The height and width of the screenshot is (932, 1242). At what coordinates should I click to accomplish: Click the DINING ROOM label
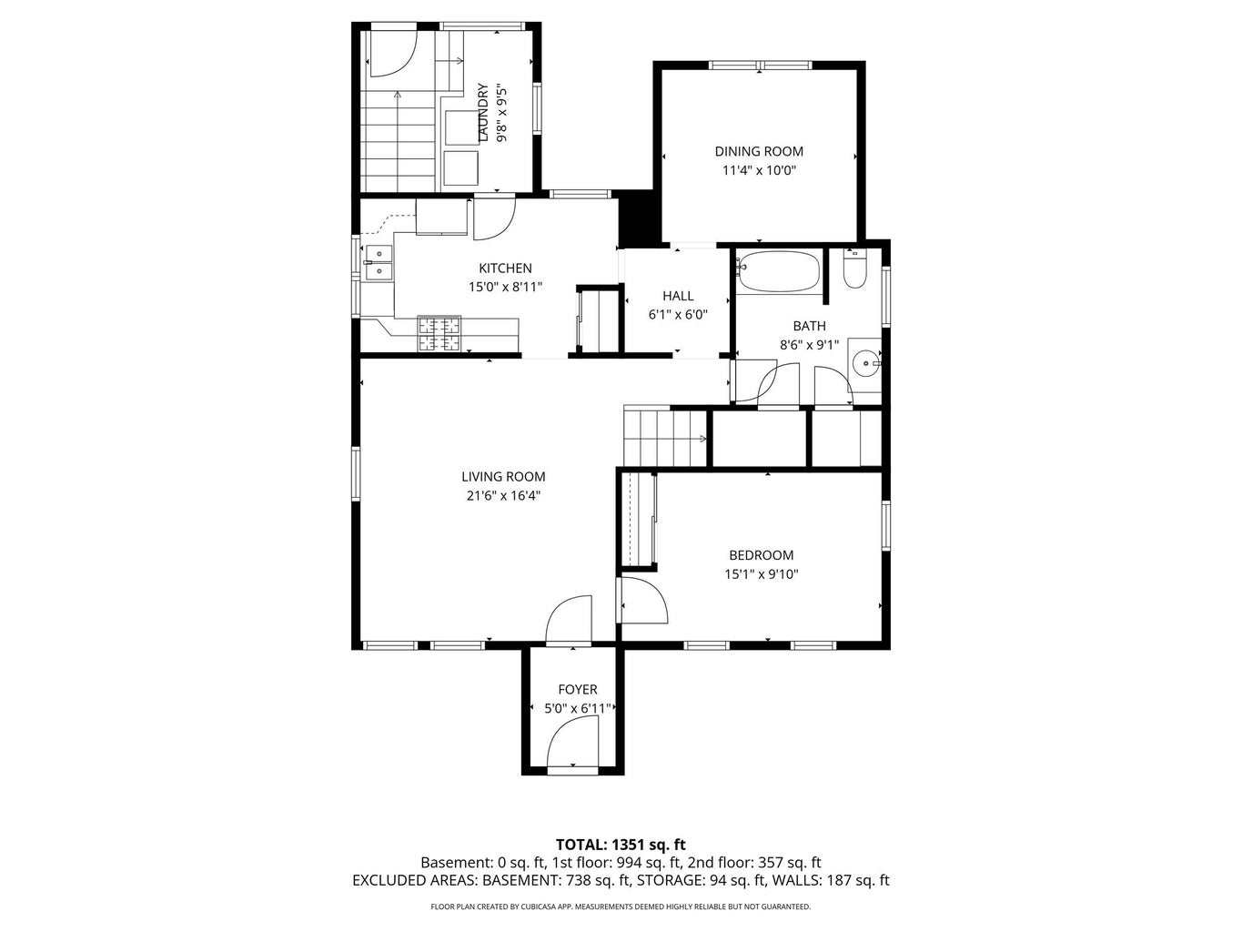point(759,152)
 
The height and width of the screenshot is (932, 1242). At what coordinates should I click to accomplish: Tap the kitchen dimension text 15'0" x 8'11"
point(506,287)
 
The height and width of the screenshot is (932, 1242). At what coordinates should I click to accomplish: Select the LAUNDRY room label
point(482,113)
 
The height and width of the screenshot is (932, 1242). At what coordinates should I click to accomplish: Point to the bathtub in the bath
point(778,270)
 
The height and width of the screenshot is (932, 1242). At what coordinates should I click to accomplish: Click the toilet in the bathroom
point(854,270)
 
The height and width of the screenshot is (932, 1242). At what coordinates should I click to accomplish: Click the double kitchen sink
point(378,262)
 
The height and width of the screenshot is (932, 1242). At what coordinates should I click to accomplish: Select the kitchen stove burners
point(440,333)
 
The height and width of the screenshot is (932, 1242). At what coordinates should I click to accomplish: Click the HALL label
point(678,296)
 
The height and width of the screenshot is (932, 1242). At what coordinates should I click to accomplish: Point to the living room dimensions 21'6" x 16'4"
point(502,496)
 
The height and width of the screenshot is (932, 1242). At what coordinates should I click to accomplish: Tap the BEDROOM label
point(761,555)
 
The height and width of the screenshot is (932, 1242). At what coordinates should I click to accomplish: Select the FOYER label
point(578,690)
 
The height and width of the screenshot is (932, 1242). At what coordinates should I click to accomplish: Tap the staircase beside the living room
point(665,438)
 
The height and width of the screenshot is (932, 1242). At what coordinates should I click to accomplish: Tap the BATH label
point(809,326)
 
